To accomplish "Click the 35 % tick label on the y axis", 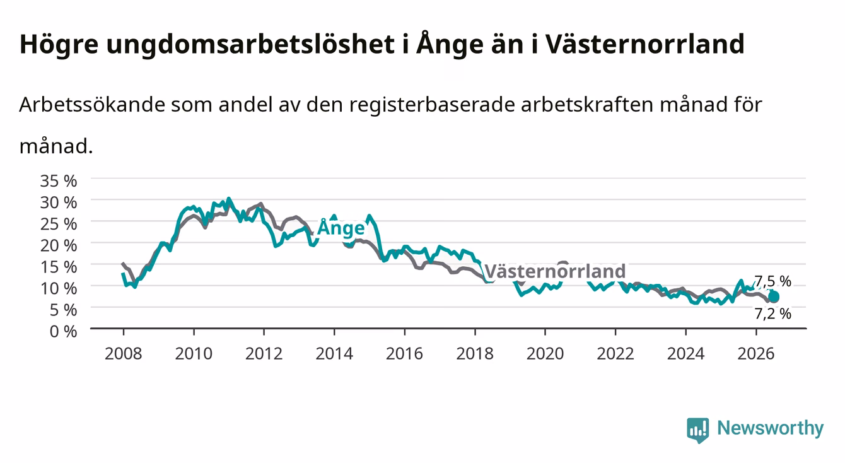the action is click(59, 181).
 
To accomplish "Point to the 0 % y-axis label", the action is click(63, 332).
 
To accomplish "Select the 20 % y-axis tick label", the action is click(59, 245).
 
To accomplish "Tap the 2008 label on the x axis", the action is click(124, 354).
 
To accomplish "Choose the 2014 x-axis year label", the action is click(334, 354).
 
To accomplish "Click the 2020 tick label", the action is click(545, 354).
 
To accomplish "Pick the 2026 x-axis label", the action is click(756, 354).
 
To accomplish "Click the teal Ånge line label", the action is click(341, 228).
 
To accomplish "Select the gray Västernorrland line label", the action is click(555, 271).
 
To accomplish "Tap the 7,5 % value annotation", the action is click(773, 281).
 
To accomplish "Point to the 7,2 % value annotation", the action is click(773, 314).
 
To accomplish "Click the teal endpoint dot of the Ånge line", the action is click(774, 297).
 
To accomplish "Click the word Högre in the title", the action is click(59, 45).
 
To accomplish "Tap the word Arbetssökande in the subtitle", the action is click(92, 105).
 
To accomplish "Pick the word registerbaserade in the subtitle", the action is click(432, 105).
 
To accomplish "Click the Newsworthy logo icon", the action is click(698, 430).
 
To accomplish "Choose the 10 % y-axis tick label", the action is click(59, 289).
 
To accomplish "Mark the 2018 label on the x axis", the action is click(475, 354).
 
